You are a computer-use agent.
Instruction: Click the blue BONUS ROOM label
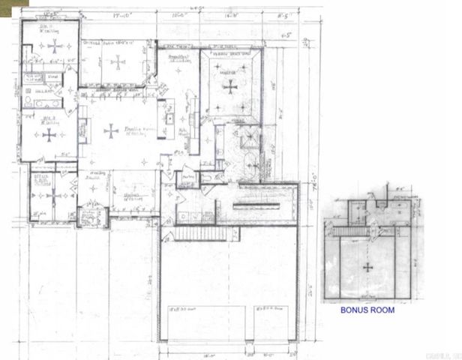click(x=367, y=308)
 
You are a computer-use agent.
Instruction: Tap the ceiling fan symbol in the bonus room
click(x=367, y=266)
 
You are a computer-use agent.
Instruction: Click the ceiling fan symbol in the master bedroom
click(x=229, y=85)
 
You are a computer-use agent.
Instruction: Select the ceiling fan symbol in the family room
click(x=111, y=131)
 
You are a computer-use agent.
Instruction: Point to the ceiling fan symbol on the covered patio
click(x=118, y=63)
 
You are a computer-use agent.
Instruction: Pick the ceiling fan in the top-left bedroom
click(x=54, y=46)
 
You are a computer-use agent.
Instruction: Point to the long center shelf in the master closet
click(x=255, y=205)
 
